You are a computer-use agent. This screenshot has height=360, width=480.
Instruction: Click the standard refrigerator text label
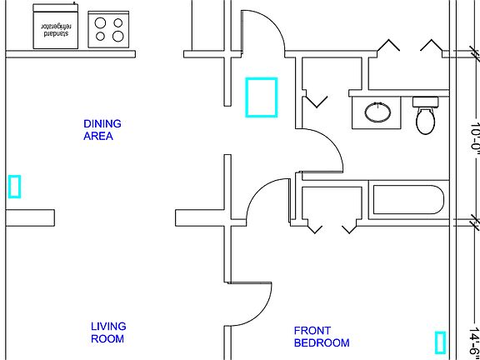(55, 29)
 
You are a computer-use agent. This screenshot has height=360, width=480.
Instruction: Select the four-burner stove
(108, 29)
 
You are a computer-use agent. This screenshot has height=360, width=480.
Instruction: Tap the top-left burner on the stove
(100, 22)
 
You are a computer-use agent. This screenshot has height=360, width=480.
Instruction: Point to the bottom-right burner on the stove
(117, 37)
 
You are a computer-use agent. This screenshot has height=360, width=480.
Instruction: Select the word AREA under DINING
(98, 136)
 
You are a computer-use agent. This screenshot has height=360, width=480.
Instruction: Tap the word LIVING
(108, 327)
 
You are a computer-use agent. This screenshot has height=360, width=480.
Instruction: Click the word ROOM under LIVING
(107, 339)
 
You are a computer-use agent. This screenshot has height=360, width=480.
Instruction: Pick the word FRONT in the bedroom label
(312, 331)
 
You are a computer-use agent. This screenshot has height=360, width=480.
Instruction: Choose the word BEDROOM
(322, 342)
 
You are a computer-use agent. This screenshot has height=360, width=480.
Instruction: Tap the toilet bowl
(426, 121)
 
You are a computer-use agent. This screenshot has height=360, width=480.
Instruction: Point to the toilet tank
(425, 102)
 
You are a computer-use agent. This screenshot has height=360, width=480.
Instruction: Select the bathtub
(408, 200)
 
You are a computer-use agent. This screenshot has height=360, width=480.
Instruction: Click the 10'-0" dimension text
(474, 137)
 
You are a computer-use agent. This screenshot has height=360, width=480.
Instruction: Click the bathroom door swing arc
(332, 141)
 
